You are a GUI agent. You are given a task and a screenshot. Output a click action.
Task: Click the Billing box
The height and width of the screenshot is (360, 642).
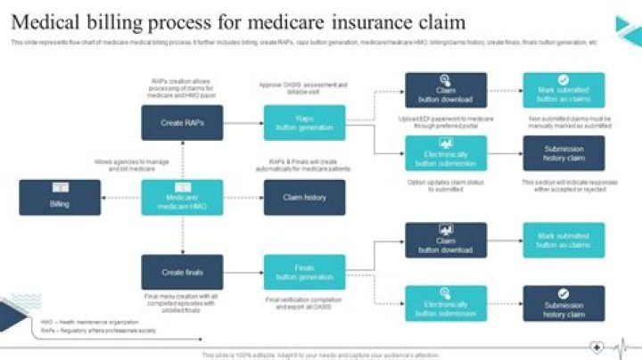coord(59,198)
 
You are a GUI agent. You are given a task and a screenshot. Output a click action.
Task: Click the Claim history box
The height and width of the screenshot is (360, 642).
coord(304,198)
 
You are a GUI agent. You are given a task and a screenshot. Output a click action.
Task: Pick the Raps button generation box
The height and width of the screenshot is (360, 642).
coord(304,123)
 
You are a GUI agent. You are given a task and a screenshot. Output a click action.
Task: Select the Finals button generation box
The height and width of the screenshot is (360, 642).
coord(304,273)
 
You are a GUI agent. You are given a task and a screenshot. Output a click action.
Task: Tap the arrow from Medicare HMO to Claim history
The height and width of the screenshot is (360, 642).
coord(243,198)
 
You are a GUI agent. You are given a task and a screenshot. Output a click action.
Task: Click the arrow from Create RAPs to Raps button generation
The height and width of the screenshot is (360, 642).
coord(243,123)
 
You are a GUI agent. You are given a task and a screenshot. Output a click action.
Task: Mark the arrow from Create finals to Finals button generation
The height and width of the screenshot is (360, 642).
coord(243,273)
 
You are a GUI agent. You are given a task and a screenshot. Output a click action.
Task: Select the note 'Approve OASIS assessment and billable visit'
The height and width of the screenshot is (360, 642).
coord(303,87)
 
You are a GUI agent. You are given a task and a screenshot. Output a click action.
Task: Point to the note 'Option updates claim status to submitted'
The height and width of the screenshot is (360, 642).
coord(445,185)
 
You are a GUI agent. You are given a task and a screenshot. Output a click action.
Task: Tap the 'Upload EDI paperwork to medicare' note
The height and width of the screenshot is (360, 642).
coord(445,120)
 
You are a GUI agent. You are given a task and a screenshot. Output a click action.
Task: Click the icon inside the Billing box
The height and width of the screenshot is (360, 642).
coord(60,187)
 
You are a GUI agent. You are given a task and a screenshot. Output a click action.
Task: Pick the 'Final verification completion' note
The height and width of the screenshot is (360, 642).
coord(304,303)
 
